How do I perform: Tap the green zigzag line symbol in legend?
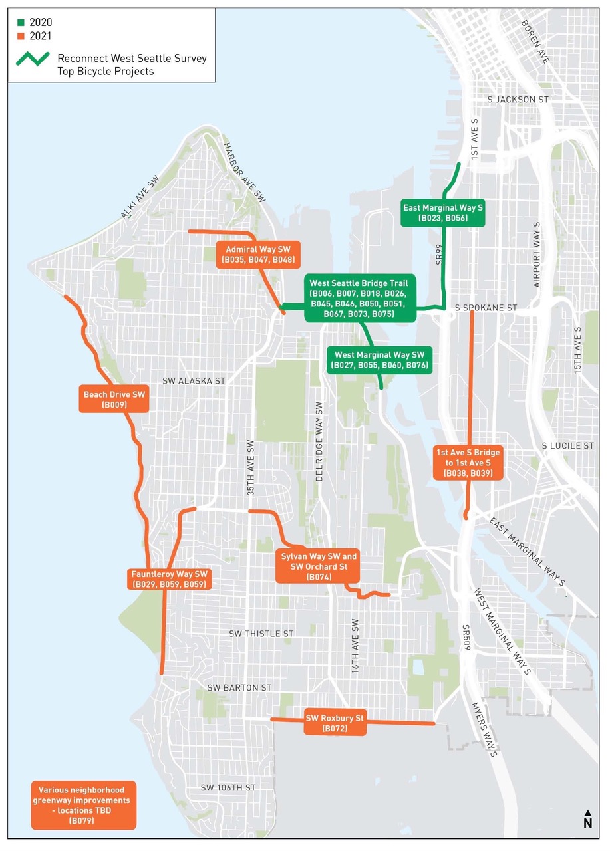(x=32, y=59)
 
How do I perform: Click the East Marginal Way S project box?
(x=443, y=213)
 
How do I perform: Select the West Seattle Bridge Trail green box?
(x=361, y=298)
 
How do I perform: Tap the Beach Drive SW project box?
(x=114, y=398)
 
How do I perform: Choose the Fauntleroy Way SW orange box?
(x=170, y=578)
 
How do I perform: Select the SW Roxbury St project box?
(x=335, y=723)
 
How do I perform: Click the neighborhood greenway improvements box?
(x=82, y=804)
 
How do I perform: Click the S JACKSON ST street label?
(x=518, y=99)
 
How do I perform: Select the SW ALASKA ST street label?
(x=194, y=381)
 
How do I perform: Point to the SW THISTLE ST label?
(x=261, y=634)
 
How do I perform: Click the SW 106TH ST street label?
(x=228, y=787)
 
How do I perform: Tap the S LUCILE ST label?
(x=567, y=445)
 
